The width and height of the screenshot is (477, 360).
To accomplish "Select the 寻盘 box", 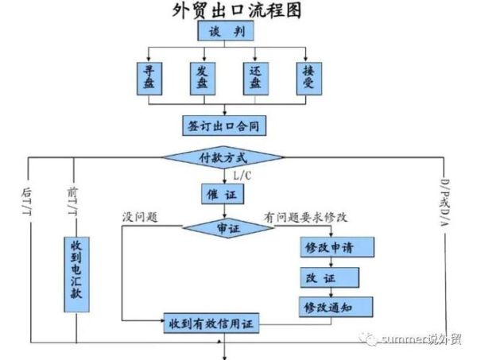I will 149,78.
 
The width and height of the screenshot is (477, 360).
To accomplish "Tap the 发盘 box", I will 201,78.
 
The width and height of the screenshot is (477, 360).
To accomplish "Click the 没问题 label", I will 142,216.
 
